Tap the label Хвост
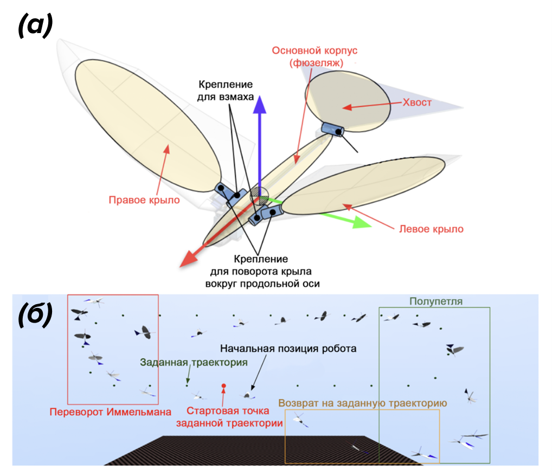(418, 102)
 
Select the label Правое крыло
(144, 200)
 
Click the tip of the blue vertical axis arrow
(261, 97)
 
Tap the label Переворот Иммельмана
(111, 411)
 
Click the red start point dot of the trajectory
(224, 386)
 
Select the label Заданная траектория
(194, 362)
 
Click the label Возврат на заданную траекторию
(362, 403)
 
